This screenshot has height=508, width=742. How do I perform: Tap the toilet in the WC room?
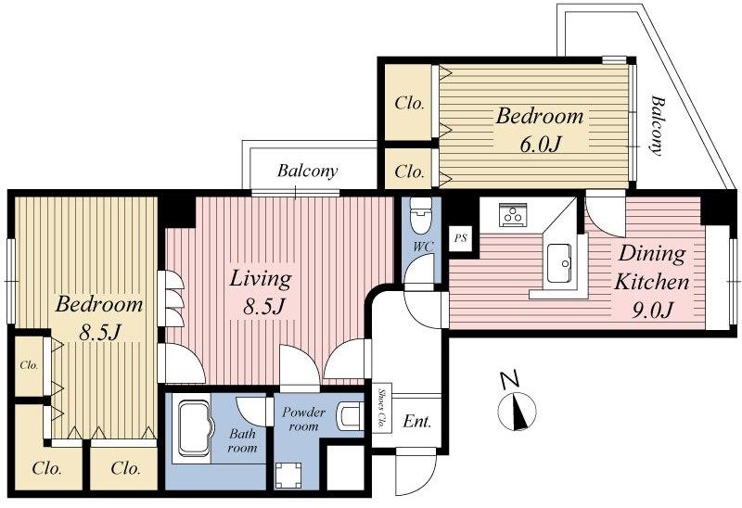(421, 217)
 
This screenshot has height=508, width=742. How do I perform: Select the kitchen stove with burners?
(512, 215)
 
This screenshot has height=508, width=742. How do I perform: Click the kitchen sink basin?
(560, 264)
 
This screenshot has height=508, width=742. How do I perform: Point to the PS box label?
(460, 238)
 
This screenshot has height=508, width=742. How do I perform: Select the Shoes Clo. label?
(381, 407)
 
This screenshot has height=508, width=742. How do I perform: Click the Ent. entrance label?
(416, 423)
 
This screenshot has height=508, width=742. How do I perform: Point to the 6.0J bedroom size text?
(540, 145)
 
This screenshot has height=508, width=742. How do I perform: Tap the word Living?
(261, 278)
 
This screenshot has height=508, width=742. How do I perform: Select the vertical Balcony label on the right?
(659, 126)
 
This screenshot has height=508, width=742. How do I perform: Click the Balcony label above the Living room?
(307, 171)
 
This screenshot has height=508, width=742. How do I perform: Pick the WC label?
(420, 248)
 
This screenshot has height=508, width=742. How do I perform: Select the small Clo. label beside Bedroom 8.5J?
(29, 364)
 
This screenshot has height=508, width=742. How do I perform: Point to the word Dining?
(652, 253)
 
